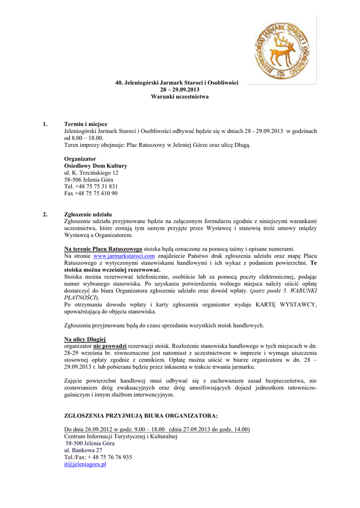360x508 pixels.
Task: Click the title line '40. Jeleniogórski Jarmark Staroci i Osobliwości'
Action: point(180,82)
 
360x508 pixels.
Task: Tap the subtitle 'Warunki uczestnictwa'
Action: point(180,96)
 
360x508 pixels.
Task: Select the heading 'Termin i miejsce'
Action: point(86,124)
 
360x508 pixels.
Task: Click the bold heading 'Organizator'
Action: point(80,158)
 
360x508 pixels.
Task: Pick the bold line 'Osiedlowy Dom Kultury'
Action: point(96,165)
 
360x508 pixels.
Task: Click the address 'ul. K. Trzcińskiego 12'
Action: point(91,172)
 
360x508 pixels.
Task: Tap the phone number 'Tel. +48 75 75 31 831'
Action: point(91,186)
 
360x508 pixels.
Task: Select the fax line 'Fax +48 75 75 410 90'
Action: point(91,193)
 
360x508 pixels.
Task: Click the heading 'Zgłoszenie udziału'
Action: point(88,214)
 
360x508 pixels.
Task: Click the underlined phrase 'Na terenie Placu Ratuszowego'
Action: point(103,249)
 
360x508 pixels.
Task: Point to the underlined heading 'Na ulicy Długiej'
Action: point(82,339)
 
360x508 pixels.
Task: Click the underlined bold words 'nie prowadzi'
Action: point(110,346)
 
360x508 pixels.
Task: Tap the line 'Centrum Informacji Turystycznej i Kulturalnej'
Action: point(121,436)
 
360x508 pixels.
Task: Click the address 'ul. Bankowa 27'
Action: point(83,450)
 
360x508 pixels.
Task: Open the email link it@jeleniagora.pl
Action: point(85,464)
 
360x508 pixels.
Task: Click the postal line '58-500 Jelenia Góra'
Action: point(90,443)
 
